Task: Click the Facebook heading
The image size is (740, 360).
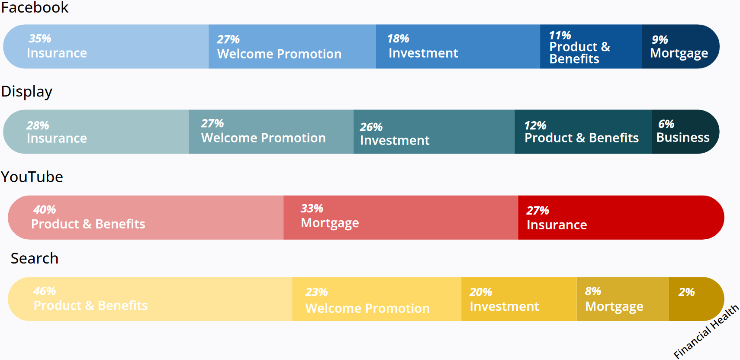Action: click(x=35, y=7)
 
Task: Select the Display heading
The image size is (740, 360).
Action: click(x=27, y=91)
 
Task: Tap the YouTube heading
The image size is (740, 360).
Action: click(x=32, y=177)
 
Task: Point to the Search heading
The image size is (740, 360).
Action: click(x=34, y=258)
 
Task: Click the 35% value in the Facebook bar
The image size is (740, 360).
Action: click(x=40, y=39)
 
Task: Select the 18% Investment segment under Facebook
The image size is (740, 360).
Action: click(x=458, y=47)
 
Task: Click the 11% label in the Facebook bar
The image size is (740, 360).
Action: click(x=560, y=35)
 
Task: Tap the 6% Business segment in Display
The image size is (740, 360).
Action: click(x=685, y=132)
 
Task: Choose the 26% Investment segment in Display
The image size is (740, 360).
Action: click(x=434, y=132)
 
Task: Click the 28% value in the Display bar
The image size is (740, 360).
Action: click(x=38, y=125)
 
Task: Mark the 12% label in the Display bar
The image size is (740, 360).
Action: click(x=535, y=125)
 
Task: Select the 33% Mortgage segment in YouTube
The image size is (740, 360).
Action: click(x=401, y=218)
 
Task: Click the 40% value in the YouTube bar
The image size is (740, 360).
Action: click(x=45, y=210)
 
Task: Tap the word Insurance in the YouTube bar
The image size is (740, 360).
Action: click(x=557, y=225)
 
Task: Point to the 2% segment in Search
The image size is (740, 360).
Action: click(x=695, y=299)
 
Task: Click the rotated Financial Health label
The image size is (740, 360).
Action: click(x=706, y=331)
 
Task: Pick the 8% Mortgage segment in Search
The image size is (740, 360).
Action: click(x=623, y=299)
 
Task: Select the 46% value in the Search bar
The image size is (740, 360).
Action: click(x=45, y=291)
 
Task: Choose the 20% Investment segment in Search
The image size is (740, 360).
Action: click(x=519, y=299)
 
